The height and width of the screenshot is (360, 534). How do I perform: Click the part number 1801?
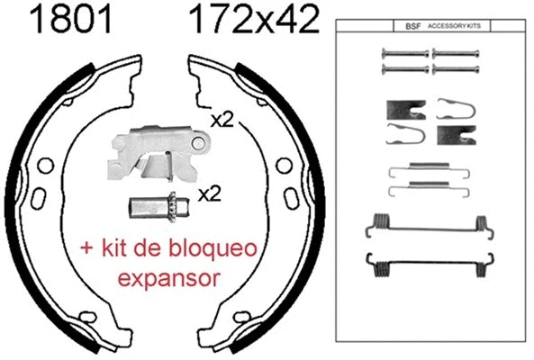coord(70,20)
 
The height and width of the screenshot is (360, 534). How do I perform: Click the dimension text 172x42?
coord(255,20)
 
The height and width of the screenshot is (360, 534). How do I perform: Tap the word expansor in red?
coord(168,278)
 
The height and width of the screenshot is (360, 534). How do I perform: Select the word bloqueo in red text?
coord(213,247)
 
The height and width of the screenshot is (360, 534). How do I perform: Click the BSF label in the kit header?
coord(412,26)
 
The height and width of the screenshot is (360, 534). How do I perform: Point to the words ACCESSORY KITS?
coord(454,26)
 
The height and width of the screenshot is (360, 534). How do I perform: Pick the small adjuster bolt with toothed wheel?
coord(158,207)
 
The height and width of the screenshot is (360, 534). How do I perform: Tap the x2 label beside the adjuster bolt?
coord(210,194)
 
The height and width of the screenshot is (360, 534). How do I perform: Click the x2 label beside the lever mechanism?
coord(222,120)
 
